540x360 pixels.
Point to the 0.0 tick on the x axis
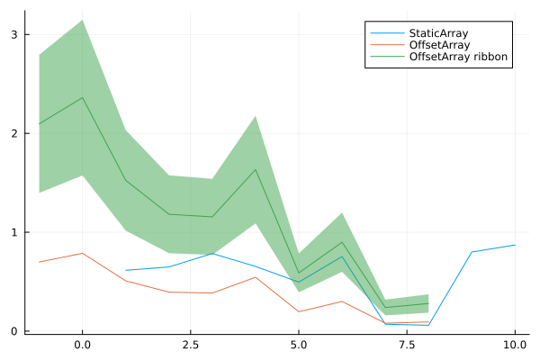[83, 345]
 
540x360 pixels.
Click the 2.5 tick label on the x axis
[191, 345]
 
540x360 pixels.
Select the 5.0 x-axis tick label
[299, 345]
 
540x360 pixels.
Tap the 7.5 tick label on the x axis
[407, 345]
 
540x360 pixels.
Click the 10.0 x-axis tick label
[515, 345]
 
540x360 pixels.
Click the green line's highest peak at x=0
[83, 97]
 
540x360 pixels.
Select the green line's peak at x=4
[256, 169]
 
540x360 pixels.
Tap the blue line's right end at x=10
[515, 245]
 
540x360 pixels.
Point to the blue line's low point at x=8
[428, 325]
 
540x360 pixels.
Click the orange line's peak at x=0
[83, 253]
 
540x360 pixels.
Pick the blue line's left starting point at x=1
[126, 270]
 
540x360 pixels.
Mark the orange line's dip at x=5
[299, 311]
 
